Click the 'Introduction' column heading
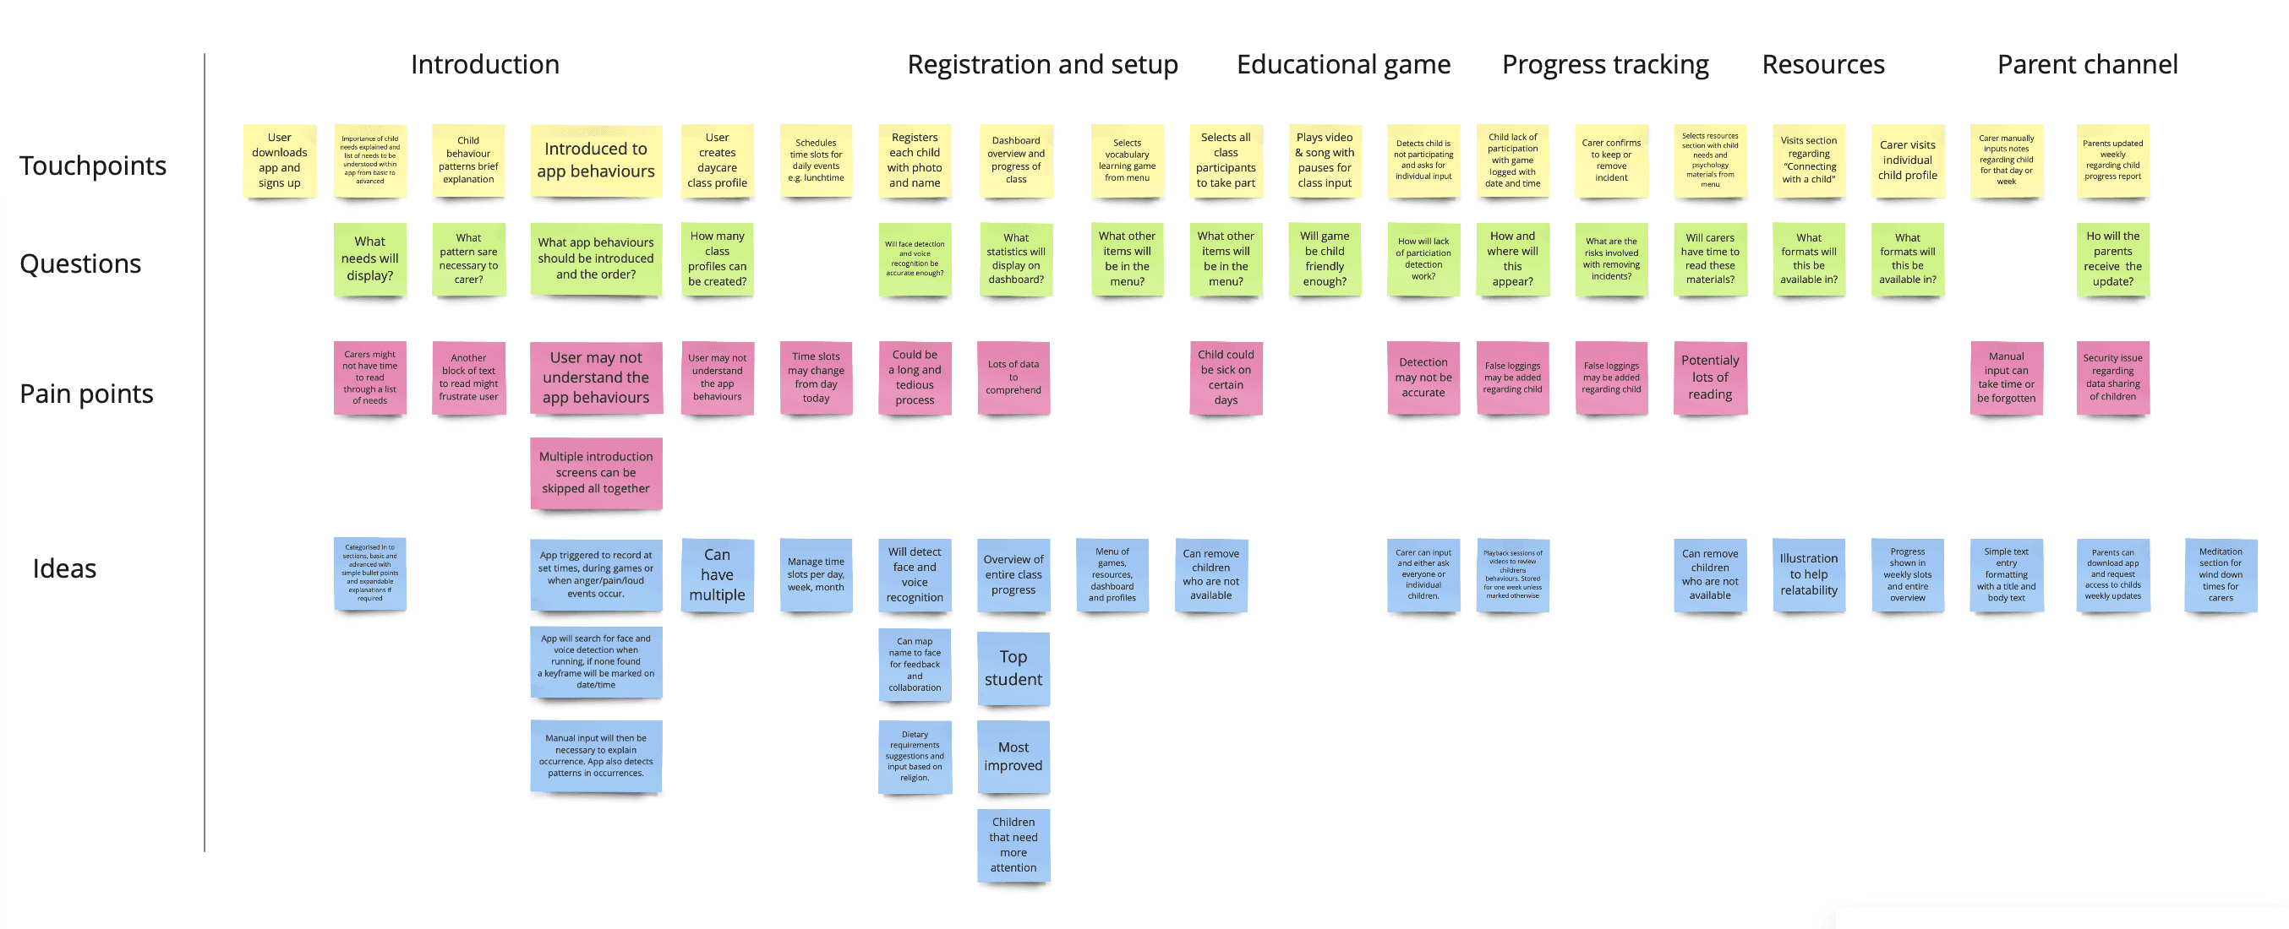click(484, 65)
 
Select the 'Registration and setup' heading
click(1041, 65)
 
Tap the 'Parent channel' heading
click(2086, 65)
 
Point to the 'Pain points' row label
click(86, 394)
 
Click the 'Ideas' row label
click(64, 568)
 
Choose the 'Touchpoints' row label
click(92, 166)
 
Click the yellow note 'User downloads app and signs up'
click(279, 160)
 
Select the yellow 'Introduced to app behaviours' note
click(595, 160)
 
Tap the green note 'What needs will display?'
click(369, 258)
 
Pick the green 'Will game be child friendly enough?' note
click(1324, 258)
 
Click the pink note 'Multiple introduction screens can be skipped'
click(595, 472)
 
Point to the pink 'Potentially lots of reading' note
click(1710, 378)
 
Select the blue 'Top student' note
click(1013, 668)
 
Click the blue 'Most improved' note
click(1013, 757)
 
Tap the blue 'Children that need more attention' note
click(1013, 845)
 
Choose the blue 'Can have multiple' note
click(717, 574)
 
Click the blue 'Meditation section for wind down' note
click(2220, 574)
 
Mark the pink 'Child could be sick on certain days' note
click(1226, 378)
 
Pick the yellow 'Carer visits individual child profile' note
click(1907, 160)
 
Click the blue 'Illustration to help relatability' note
click(1808, 574)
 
